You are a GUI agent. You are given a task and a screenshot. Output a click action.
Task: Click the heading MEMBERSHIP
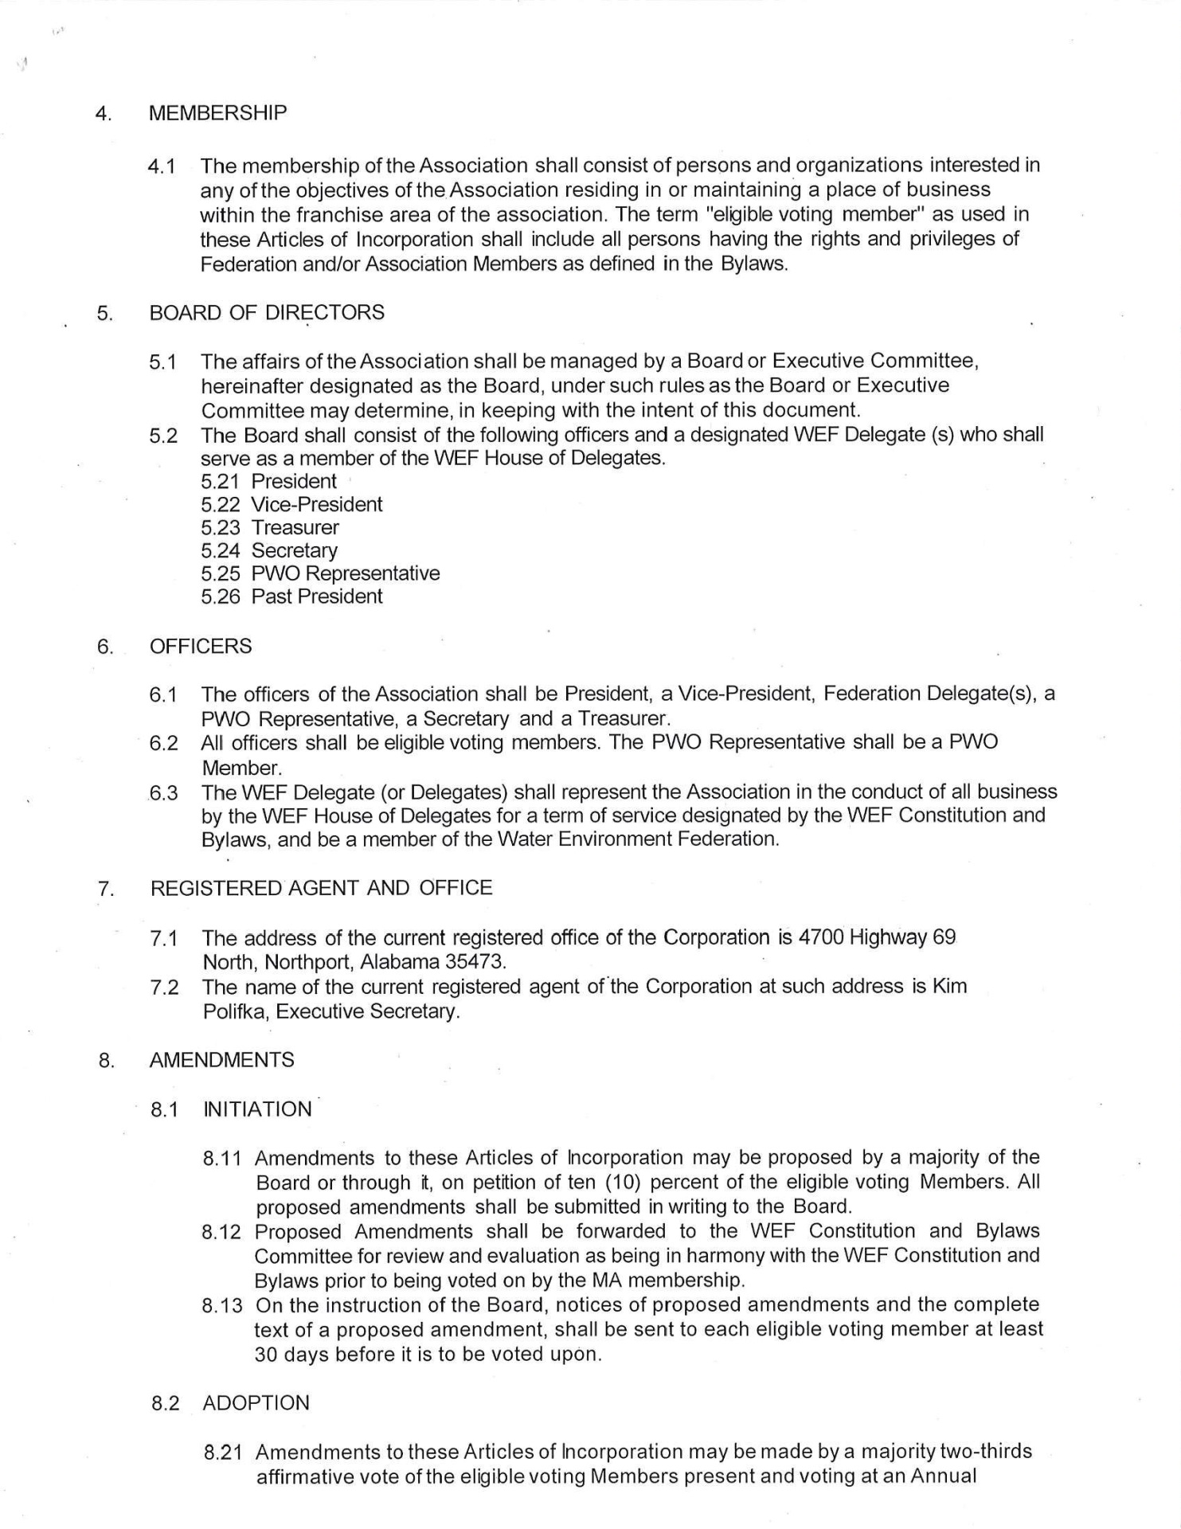click(217, 113)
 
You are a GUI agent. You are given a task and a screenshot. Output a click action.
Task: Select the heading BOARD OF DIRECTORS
click(266, 313)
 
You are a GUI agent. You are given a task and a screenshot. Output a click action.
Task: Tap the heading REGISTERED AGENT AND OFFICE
click(321, 888)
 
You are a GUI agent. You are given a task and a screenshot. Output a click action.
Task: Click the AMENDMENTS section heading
click(221, 1060)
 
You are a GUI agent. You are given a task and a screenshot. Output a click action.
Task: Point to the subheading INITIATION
click(257, 1109)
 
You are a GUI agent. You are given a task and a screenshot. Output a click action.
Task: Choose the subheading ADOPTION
click(256, 1402)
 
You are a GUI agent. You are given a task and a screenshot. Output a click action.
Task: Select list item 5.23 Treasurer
click(270, 527)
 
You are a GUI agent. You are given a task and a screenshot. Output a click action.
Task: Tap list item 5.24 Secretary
click(269, 550)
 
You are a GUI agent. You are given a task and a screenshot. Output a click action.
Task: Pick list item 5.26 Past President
click(291, 596)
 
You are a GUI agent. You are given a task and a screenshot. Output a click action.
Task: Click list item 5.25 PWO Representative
click(320, 573)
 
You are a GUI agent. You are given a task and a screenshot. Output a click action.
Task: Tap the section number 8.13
click(221, 1305)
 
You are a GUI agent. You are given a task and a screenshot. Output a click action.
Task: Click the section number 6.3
click(163, 793)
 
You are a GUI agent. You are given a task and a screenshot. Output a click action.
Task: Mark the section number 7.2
click(164, 987)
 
